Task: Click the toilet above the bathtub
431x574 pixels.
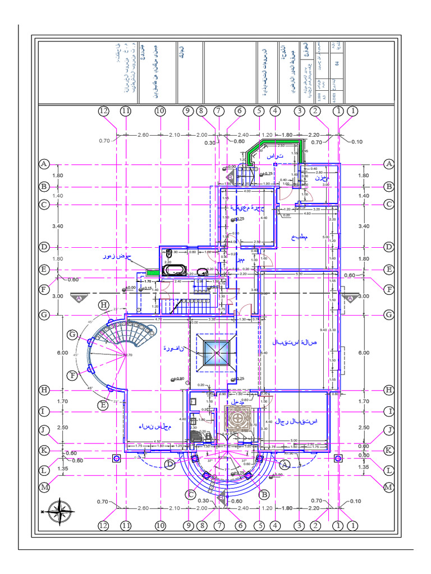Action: pyautogui.click(x=168, y=253)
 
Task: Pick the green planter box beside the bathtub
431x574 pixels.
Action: pyautogui.click(x=152, y=272)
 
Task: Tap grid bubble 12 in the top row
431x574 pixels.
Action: pyautogui.click(x=103, y=111)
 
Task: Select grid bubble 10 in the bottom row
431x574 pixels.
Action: pyautogui.click(x=161, y=525)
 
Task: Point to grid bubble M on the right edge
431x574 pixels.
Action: pyautogui.click(x=388, y=488)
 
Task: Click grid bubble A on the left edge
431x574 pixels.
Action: pyautogui.click(x=44, y=164)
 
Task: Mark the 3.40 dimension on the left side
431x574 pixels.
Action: pyautogui.click(x=57, y=226)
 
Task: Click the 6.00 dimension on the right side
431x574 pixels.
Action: pyautogui.click(x=364, y=353)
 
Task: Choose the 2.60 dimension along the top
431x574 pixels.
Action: pyautogui.click(x=143, y=135)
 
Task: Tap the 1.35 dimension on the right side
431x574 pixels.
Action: pyautogui.click(x=364, y=467)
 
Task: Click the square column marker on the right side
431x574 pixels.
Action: pyautogui.click(x=338, y=458)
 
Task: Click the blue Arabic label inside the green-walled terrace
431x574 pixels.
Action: pyautogui.click(x=274, y=156)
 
